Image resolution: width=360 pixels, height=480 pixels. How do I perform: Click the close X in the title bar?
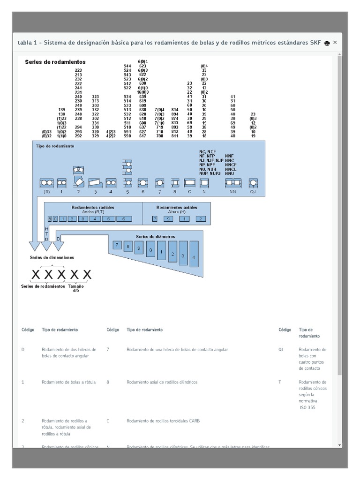(x=335, y=42)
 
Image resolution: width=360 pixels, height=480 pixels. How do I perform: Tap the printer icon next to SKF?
(x=327, y=43)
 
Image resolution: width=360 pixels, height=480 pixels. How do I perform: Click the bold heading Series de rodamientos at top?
(x=55, y=62)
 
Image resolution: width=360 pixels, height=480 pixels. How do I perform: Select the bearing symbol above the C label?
(x=190, y=182)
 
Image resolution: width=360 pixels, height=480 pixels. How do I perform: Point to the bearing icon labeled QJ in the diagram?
(x=253, y=182)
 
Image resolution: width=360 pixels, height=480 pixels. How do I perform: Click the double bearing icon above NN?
(x=233, y=182)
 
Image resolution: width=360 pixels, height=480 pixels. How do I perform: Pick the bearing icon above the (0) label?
(x=46, y=182)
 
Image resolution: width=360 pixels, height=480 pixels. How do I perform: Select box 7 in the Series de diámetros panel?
(x=117, y=245)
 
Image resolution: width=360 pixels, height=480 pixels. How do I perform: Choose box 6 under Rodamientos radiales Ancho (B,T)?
(x=124, y=218)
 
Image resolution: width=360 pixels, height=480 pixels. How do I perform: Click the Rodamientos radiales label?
(x=93, y=207)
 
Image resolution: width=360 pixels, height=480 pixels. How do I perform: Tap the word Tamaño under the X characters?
(x=76, y=286)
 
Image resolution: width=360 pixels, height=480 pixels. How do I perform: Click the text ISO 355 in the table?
(x=307, y=407)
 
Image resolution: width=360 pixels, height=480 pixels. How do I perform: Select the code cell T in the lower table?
(x=280, y=382)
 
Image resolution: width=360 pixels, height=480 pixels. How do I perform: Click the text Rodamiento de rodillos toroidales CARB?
(x=163, y=421)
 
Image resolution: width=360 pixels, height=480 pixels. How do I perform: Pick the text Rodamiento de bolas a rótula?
(x=68, y=382)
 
